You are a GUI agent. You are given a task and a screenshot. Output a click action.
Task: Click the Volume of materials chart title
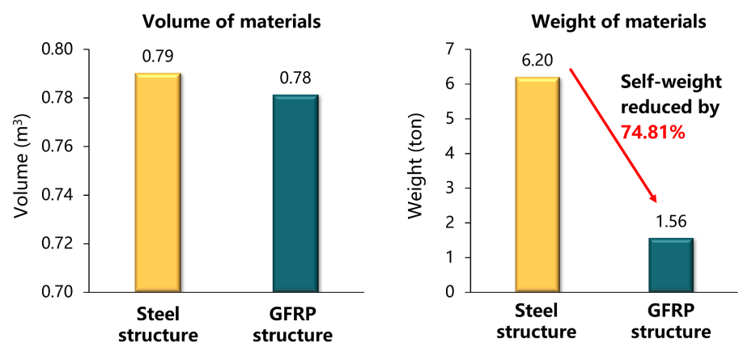[x=231, y=22]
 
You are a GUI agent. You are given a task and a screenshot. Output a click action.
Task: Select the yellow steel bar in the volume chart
[x=158, y=182]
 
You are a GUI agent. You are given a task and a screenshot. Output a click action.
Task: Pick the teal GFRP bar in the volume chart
[x=295, y=193]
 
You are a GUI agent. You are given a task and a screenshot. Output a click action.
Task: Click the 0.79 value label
[x=158, y=57]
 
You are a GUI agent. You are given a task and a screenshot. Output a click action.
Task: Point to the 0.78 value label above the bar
[x=295, y=79]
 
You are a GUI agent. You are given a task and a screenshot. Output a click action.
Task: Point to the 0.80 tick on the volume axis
[x=58, y=50]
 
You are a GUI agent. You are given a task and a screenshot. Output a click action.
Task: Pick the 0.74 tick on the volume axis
[x=58, y=195]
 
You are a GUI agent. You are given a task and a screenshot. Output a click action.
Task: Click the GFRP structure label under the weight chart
[x=670, y=322]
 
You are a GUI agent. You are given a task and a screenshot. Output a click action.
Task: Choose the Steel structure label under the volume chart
[x=159, y=322]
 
